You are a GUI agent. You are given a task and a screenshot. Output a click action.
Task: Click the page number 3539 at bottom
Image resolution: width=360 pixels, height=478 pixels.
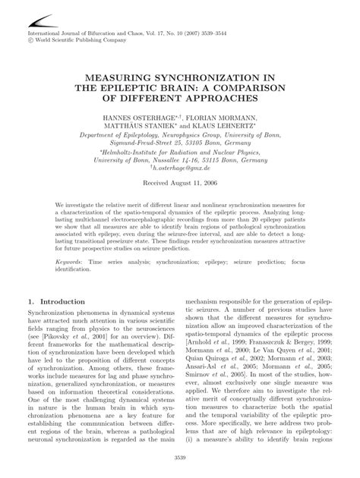[179, 457]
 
